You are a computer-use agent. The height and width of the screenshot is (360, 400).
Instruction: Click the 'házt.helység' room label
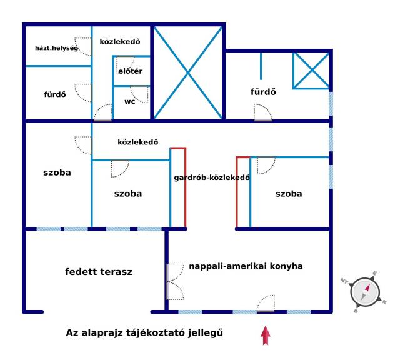[56, 47]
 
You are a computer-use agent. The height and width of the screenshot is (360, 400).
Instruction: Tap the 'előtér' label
[131, 71]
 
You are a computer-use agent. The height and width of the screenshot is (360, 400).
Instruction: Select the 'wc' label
[130, 101]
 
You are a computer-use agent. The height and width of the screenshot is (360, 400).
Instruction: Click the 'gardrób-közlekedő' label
[212, 177]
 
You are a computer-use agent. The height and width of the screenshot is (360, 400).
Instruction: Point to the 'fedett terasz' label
[99, 272]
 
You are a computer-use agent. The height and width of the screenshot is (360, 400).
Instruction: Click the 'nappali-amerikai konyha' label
[246, 266]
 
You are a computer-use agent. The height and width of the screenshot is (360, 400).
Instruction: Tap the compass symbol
[365, 290]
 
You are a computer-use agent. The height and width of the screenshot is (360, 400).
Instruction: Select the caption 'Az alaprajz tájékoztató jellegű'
[144, 333]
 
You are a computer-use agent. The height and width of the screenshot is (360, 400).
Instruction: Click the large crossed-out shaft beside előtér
[187, 72]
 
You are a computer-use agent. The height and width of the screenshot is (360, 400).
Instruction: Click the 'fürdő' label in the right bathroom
[263, 92]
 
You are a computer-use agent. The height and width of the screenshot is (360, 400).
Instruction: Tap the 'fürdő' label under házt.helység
[55, 96]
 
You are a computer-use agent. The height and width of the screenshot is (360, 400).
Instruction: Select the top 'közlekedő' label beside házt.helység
[120, 42]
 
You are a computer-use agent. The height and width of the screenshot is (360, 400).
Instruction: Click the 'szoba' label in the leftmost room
[57, 172]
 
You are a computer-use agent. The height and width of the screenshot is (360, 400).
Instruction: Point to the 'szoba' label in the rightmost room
[289, 194]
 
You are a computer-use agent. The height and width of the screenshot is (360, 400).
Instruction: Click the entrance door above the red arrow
[266, 304]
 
